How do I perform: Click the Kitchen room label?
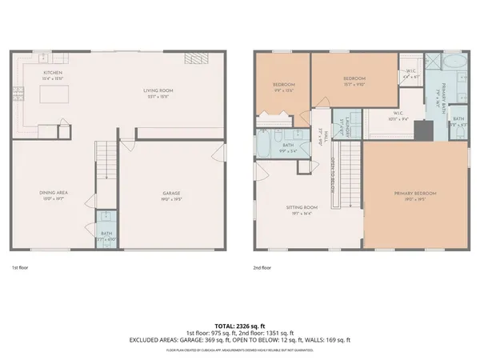click(x=53, y=75)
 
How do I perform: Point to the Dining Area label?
click(x=53, y=194)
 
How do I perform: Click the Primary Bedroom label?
click(x=414, y=194)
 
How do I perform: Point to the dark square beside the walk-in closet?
click(x=432, y=62)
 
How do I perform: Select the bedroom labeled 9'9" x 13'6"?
click(x=283, y=86)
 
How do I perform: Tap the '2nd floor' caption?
click(x=262, y=268)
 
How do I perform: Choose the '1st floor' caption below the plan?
click(x=21, y=268)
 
